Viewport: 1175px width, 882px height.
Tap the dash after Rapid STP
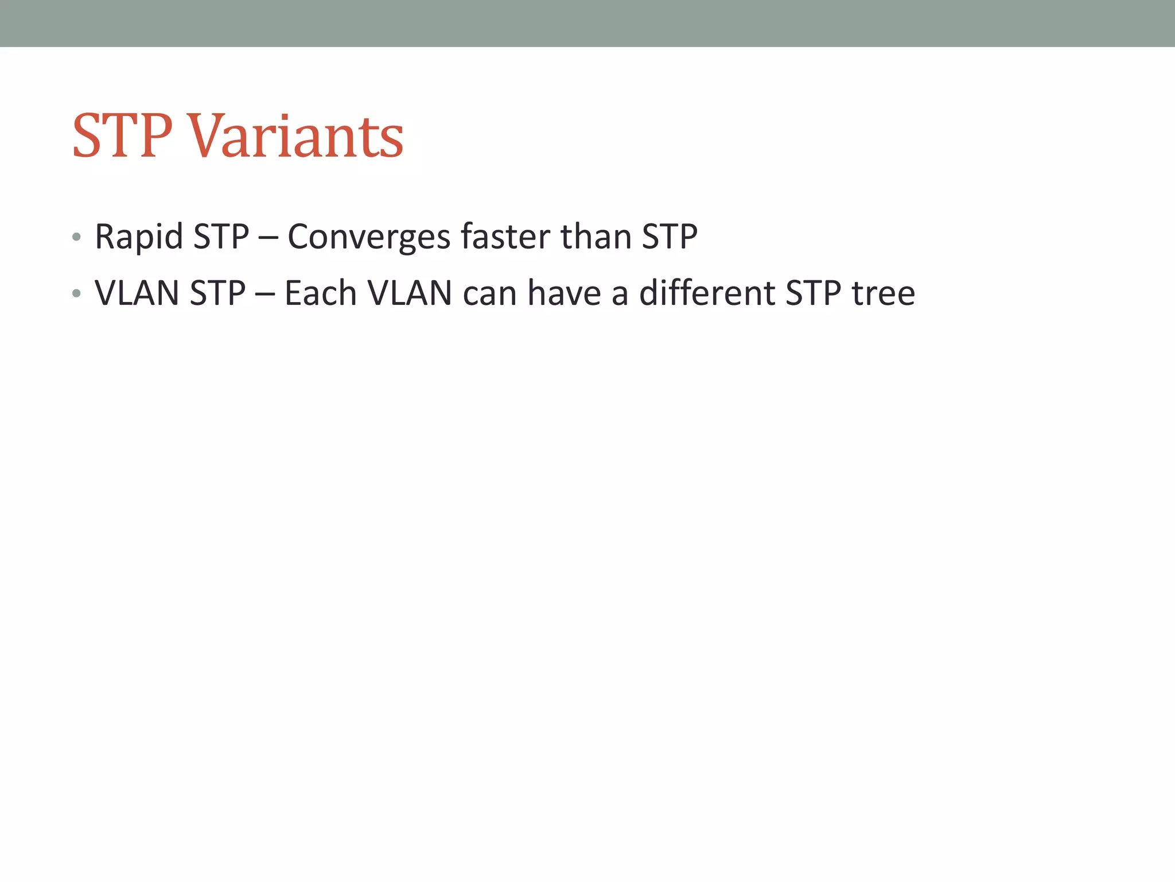pyautogui.click(x=268, y=238)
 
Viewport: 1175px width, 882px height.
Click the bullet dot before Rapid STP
pyautogui.click(x=76, y=237)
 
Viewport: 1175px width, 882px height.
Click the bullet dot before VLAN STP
pyautogui.click(x=76, y=294)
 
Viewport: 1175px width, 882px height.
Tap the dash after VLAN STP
pyautogui.click(x=264, y=295)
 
